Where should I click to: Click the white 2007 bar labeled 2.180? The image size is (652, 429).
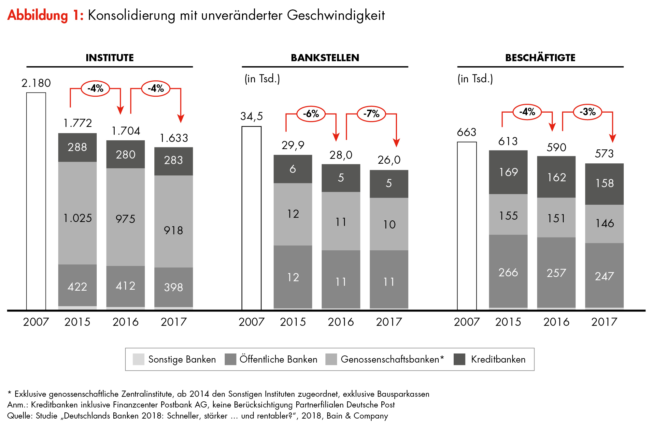tap(36, 201)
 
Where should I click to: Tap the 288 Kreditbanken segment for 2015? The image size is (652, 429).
tap(78, 147)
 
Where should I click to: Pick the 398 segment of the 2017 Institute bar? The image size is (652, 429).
tap(174, 287)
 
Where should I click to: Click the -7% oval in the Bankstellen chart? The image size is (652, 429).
tap(371, 114)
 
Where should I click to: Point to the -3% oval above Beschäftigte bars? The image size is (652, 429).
tap(588, 112)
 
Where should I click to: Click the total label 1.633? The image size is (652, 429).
tap(174, 138)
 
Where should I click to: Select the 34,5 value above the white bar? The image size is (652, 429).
tap(251, 116)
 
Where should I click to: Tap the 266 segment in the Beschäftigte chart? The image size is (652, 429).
tap(508, 272)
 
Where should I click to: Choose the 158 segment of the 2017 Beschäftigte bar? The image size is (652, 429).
tap(604, 184)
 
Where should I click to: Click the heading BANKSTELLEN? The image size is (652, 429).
tap(325, 58)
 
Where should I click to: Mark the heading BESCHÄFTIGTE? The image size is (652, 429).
tap(540, 58)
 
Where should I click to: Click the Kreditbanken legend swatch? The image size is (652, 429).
tap(459, 359)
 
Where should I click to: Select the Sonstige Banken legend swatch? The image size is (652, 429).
tap(138, 359)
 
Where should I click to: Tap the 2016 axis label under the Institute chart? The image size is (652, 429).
tap(125, 322)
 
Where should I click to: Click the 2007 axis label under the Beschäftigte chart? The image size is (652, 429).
tap(467, 322)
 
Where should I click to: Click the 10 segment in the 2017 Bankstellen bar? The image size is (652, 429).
tap(389, 224)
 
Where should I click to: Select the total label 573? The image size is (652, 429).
tap(604, 154)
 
